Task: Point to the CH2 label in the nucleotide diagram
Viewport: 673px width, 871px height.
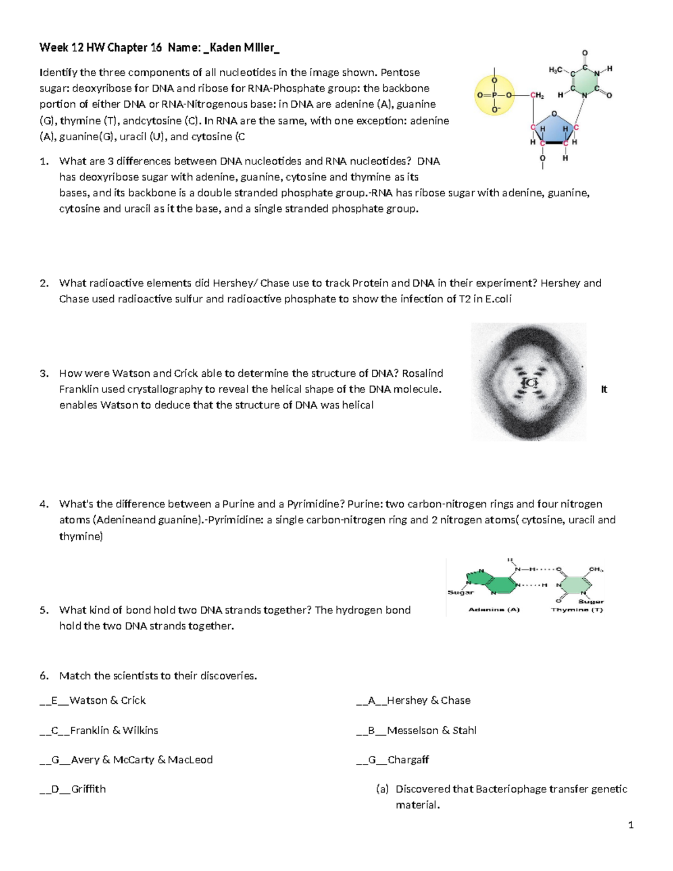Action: coord(537,95)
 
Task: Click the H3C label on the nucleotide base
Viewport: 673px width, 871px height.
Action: coord(556,70)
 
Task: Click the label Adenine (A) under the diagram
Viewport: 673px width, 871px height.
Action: coord(494,610)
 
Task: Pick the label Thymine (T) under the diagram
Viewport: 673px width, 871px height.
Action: coord(577,610)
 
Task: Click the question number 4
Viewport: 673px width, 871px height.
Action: coord(44,504)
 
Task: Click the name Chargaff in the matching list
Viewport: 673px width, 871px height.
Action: coord(408,760)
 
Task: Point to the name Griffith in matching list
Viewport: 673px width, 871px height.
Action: coord(88,789)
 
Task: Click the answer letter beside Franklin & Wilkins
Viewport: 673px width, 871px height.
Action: coord(55,730)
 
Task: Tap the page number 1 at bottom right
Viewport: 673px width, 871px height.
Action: coord(631,824)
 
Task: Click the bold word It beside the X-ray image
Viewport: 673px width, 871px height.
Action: coord(604,389)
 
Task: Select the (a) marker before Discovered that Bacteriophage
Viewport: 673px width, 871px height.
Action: coord(382,789)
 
